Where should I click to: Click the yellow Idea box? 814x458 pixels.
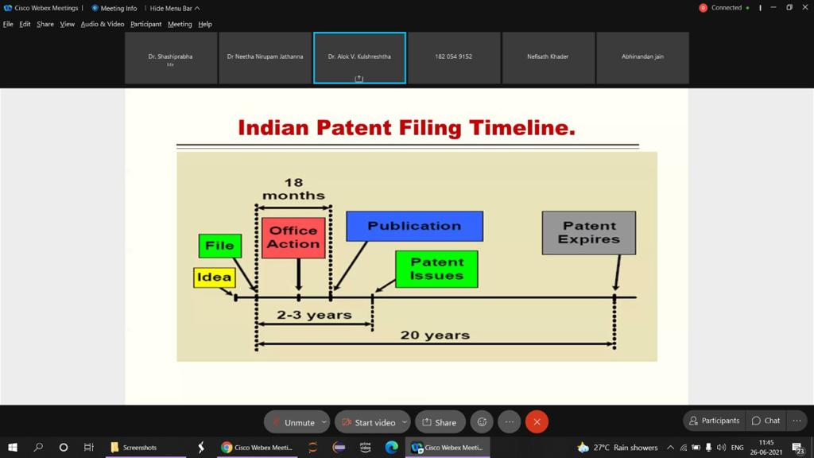click(215, 278)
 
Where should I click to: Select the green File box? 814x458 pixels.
click(219, 246)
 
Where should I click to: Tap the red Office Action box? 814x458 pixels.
click(293, 238)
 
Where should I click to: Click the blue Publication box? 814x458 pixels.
click(414, 226)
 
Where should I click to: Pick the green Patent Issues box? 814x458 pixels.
click(436, 269)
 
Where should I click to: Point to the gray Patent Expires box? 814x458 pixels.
click(589, 233)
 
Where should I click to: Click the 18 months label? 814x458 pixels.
click(293, 189)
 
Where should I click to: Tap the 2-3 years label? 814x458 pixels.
click(314, 315)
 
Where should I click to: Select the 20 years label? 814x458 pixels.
click(435, 335)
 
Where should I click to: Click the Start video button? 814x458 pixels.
click(372, 422)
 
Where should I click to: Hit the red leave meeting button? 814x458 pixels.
click(537, 422)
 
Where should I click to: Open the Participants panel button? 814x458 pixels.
click(715, 421)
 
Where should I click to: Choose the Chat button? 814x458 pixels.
click(766, 421)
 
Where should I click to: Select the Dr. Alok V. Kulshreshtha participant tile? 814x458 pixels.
click(359, 57)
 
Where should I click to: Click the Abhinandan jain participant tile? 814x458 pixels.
click(642, 57)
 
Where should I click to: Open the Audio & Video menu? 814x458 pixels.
click(103, 24)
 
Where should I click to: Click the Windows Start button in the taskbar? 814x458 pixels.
click(13, 447)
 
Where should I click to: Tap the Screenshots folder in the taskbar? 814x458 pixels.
click(134, 447)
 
